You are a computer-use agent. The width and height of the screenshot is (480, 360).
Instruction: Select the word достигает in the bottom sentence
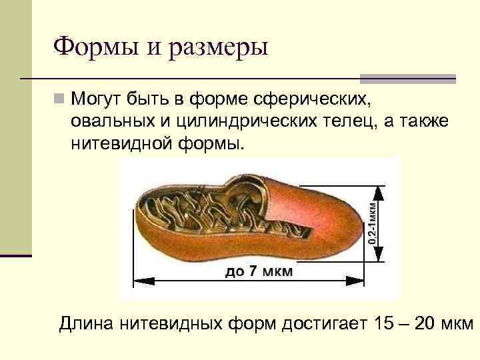[322, 324]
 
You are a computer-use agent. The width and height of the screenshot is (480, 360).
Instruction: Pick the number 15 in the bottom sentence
[385, 324]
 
